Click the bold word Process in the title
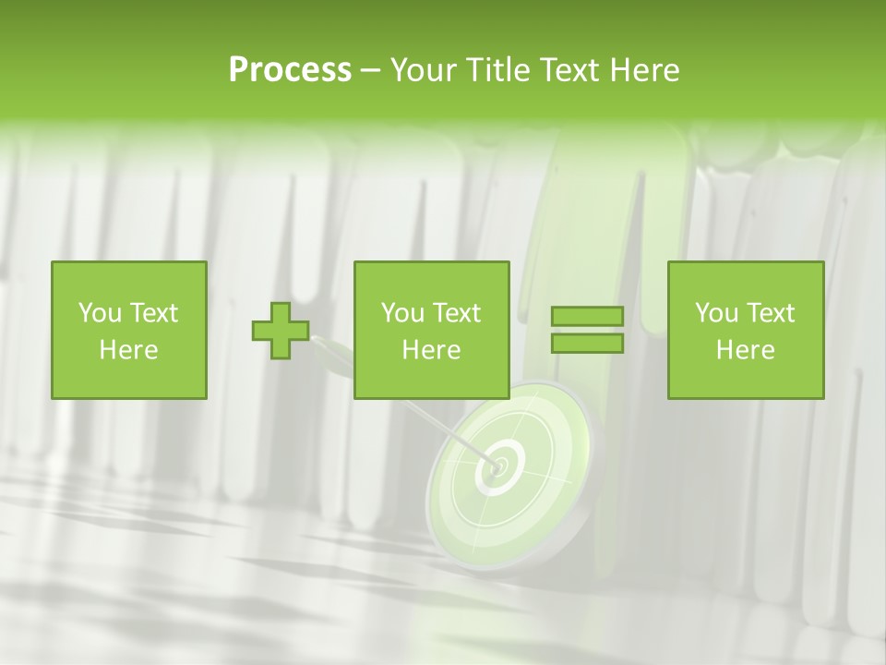(x=290, y=70)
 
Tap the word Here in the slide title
(x=644, y=70)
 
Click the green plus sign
(x=281, y=331)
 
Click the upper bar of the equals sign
(x=587, y=317)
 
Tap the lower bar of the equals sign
(x=587, y=343)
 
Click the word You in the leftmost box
(x=99, y=313)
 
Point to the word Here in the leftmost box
(x=128, y=350)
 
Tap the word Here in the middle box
(x=431, y=350)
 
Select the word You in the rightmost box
(x=715, y=313)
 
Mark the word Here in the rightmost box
(x=745, y=350)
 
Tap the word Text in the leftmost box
(x=153, y=313)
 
